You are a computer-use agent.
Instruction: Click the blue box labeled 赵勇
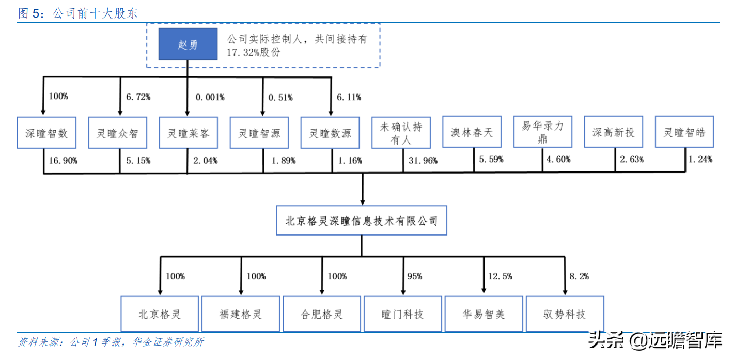188,44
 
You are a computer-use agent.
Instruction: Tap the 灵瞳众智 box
118,133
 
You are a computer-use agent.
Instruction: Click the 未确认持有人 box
401,133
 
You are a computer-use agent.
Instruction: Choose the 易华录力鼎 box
542,133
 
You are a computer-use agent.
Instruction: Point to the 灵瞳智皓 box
684,133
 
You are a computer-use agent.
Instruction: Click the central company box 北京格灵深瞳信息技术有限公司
362,221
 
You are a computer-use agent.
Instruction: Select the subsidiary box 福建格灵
241,314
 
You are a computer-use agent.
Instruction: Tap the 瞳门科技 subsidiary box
402,314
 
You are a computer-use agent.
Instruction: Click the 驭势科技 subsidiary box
564,314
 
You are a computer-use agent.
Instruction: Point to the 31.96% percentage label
423,161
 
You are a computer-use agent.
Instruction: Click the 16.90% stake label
63,161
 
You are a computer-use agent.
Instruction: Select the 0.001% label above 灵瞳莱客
210,97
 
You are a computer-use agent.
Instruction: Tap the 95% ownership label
414,276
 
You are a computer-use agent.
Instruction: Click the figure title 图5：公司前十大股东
78,13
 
